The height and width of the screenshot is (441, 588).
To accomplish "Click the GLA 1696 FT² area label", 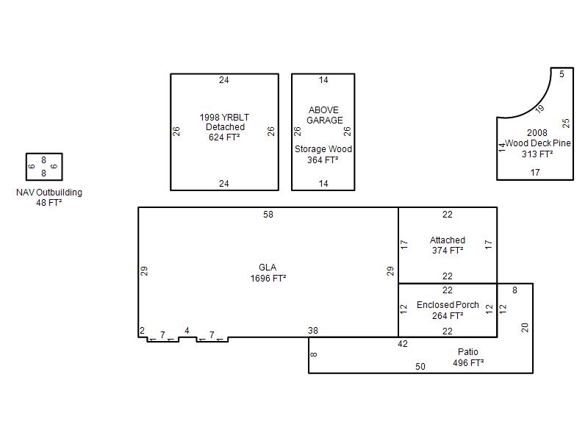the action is (x=268, y=273).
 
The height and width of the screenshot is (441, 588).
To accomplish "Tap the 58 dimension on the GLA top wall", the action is (x=268, y=215).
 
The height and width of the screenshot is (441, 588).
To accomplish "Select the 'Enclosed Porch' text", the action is (x=448, y=305).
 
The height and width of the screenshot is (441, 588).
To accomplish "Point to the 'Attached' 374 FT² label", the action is (x=448, y=245).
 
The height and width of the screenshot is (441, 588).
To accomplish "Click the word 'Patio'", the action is (x=468, y=352).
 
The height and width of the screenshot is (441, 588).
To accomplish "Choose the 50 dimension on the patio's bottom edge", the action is (x=420, y=366).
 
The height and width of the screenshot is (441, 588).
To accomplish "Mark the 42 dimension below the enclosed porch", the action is (x=403, y=344).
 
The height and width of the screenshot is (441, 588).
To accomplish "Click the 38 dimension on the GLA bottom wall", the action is (x=313, y=330).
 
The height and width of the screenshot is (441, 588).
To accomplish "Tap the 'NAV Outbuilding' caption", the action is (x=49, y=193).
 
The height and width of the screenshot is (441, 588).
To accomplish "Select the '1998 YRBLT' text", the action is (x=224, y=117).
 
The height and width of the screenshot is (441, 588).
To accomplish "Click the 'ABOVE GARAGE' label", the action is (x=324, y=115).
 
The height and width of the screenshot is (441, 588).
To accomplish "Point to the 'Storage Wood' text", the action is (x=323, y=149).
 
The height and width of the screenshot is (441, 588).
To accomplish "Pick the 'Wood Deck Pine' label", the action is (x=538, y=143).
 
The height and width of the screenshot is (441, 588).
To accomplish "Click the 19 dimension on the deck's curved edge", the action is (x=539, y=109).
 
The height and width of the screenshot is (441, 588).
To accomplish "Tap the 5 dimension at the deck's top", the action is (x=562, y=74).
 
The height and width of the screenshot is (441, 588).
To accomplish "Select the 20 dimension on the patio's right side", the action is (x=525, y=327).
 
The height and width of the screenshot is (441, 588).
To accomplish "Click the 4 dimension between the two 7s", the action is (x=187, y=331).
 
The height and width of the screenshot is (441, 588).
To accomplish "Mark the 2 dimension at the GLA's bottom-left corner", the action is (x=142, y=331).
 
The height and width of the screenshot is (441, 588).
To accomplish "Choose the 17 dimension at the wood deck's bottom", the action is (x=535, y=173).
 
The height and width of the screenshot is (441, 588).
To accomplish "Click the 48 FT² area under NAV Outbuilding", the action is (x=49, y=203).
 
